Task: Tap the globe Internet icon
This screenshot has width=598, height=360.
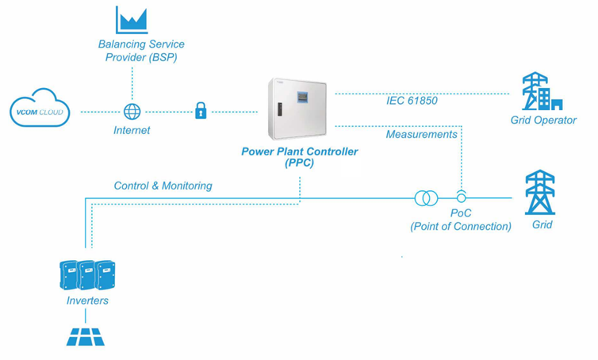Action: click(x=132, y=112)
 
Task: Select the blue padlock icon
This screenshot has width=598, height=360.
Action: click(x=201, y=111)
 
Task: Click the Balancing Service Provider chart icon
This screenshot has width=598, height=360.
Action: click(x=132, y=20)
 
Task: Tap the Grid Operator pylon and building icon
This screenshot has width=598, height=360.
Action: click(x=542, y=92)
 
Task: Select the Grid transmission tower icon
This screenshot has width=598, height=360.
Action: click(x=540, y=192)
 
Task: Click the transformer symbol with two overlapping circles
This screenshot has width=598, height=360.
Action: click(x=426, y=197)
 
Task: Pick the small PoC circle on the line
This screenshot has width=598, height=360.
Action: click(x=461, y=197)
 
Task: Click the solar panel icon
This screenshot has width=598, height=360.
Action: click(x=85, y=337)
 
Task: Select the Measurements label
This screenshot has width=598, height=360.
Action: click(x=421, y=134)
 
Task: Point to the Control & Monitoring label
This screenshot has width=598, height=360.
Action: click(x=163, y=186)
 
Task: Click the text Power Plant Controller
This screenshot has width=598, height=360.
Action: click(x=299, y=151)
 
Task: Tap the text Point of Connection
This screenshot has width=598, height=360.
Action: click(x=461, y=226)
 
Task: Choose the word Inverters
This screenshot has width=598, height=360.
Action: click(x=87, y=301)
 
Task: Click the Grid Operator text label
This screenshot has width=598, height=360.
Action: click(x=543, y=121)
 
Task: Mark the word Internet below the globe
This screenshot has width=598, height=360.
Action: click(x=132, y=130)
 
